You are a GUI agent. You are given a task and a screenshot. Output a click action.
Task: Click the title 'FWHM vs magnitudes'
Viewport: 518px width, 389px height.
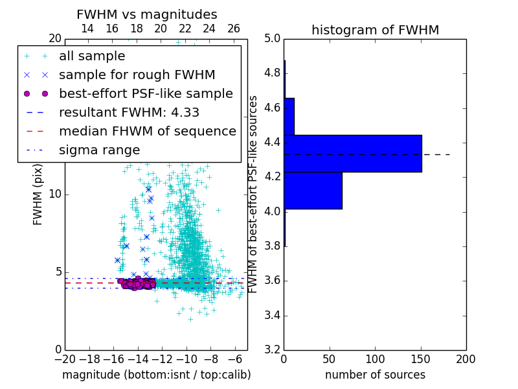pos(147,14)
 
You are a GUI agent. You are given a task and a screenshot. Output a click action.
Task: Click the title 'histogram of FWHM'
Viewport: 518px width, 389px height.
pos(375,30)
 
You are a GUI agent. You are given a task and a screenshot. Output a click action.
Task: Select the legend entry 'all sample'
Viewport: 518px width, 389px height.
pos(92,56)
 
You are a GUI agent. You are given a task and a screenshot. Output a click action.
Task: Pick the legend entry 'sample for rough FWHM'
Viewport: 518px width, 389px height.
pos(137,75)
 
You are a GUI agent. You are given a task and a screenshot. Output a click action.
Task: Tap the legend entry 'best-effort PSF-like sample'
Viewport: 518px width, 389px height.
pos(146,94)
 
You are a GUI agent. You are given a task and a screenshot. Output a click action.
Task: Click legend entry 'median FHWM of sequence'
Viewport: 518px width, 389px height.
pos(148,132)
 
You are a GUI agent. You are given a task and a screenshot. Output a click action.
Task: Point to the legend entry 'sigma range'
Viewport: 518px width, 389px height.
pos(99,150)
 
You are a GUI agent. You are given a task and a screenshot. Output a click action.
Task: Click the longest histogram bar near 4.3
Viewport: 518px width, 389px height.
pos(353,154)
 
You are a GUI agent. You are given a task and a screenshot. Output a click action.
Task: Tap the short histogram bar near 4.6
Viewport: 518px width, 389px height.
pos(289,117)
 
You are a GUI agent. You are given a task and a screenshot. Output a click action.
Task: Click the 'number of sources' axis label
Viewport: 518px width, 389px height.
pos(375,375)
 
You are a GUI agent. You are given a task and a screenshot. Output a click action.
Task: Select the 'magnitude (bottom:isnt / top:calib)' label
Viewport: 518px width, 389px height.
pos(156,375)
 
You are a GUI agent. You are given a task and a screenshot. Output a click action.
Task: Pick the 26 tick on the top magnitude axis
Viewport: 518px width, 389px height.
pos(234,29)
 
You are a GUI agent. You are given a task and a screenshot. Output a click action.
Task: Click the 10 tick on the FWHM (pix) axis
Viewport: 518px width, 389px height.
pos(55,194)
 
